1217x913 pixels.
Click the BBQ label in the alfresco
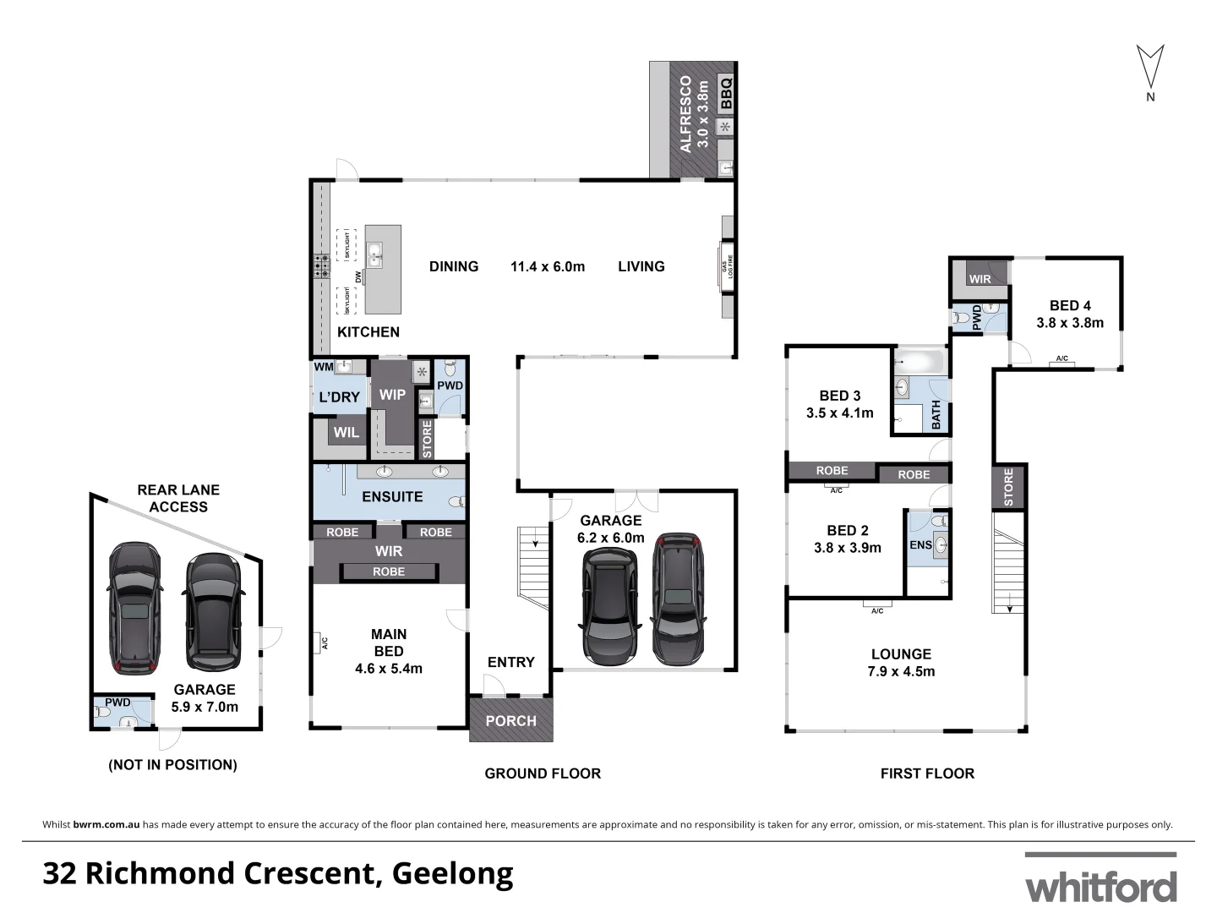click(x=725, y=94)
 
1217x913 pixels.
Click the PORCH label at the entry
click(x=510, y=721)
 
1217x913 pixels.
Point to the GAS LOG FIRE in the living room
click(x=724, y=267)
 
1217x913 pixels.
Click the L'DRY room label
click(x=338, y=396)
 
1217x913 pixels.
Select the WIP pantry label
click(x=392, y=395)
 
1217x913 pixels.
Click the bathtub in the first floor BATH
click(x=919, y=361)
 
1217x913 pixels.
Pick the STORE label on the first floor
click(x=1008, y=487)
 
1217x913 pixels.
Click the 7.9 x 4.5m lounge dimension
click(x=901, y=672)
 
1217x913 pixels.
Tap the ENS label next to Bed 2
click(x=920, y=545)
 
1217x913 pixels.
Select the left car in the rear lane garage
click(x=133, y=608)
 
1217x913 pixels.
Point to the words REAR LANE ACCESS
click(x=178, y=498)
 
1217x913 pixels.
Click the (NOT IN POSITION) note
click(x=172, y=765)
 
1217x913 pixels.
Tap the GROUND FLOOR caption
click(x=542, y=774)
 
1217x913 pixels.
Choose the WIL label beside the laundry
click(x=346, y=433)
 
